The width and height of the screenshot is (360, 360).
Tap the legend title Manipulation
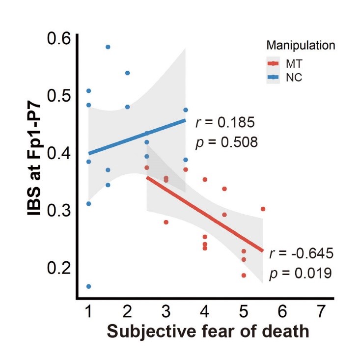tap(301, 46)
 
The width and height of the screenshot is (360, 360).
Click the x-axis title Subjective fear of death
tap(208, 332)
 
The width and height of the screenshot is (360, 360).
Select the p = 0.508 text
tap(226, 142)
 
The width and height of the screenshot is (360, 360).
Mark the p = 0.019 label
tap(301, 273)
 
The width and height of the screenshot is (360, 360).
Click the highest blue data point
tap(108, 47)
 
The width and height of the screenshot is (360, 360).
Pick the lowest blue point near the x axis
tap(89, 286)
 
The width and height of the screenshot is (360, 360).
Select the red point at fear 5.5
tap(263, 209)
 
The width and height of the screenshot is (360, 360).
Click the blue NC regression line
tap(138, 137)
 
